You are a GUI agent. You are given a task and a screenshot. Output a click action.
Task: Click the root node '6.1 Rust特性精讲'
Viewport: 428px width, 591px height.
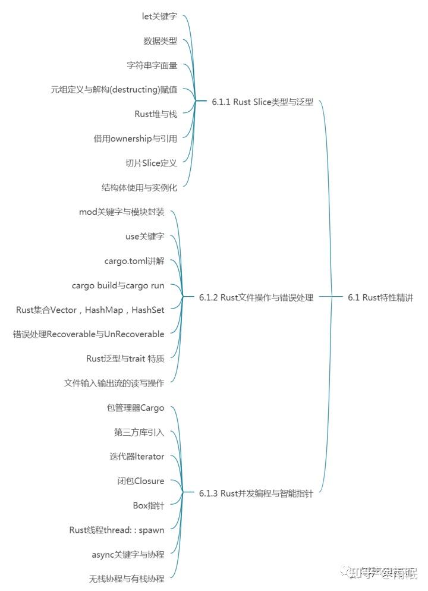(380, 297)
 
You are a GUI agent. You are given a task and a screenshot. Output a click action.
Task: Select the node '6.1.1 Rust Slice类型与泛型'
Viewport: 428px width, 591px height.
(262, 102)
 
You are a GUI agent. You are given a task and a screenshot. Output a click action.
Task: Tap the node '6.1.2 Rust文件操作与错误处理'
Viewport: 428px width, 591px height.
(256, 297)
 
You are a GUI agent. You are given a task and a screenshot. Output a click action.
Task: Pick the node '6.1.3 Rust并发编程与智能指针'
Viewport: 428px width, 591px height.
(256, 493)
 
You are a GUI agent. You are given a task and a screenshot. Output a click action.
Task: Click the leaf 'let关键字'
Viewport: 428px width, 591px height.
(159, 17)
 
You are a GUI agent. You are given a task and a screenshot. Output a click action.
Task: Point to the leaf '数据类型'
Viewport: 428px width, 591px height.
(160, 41)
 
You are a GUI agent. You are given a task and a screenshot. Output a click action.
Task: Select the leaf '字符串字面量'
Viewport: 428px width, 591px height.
(152, 65)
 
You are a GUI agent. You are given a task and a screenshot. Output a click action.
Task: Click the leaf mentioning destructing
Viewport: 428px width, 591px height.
(114, 90)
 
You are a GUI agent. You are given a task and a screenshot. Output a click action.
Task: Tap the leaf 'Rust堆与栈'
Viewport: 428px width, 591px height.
(156, 114)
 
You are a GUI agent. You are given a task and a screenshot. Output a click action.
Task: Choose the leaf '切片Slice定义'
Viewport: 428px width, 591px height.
(151, 163)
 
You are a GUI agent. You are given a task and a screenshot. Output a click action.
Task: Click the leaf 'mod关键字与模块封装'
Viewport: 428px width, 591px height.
(121, 212)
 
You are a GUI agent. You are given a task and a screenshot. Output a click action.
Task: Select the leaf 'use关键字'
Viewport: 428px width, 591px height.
(144, 237)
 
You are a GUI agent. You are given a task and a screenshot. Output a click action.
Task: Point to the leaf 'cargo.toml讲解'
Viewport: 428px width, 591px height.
(134, 261)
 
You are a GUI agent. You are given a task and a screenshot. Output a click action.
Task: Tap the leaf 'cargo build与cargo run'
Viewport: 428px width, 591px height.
(118, 285)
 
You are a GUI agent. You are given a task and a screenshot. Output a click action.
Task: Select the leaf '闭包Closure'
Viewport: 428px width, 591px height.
(140, 481)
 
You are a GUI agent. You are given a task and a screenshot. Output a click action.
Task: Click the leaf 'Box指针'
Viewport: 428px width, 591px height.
(148, 505)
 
